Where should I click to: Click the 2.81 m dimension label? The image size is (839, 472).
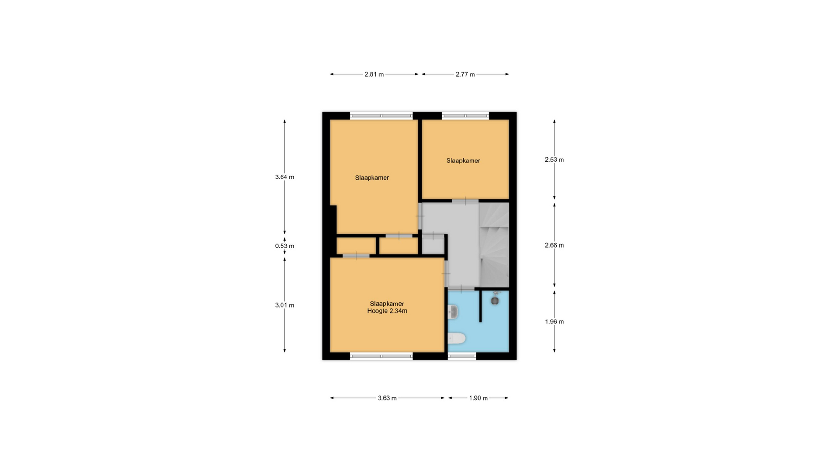[374, 74]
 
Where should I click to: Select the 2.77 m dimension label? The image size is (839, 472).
[465, 74]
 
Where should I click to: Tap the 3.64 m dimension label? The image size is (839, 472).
[284, 177]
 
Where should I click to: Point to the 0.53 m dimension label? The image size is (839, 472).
[284, 246]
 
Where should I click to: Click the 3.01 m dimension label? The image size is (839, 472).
[284, 305]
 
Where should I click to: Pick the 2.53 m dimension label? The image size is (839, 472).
[554, 160]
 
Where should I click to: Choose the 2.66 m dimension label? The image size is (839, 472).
[554, 245]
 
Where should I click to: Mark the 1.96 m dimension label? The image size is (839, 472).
[554, 322]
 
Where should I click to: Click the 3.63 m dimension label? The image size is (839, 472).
[387, 398]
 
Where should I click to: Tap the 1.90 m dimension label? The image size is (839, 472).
[478, 398]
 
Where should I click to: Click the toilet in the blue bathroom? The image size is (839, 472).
[457, 338]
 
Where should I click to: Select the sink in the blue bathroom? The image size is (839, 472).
[453, 312]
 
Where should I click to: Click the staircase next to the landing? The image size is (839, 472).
[494, 245]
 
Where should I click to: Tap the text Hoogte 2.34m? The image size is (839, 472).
[387, 311]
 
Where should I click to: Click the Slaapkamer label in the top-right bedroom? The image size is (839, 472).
[463, 160]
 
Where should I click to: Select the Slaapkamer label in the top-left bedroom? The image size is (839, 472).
[372, 177]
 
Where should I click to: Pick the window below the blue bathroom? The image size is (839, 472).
[462, 357]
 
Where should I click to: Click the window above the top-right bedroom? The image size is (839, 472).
[465, 116]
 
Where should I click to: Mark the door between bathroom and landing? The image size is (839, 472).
[461, 289]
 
